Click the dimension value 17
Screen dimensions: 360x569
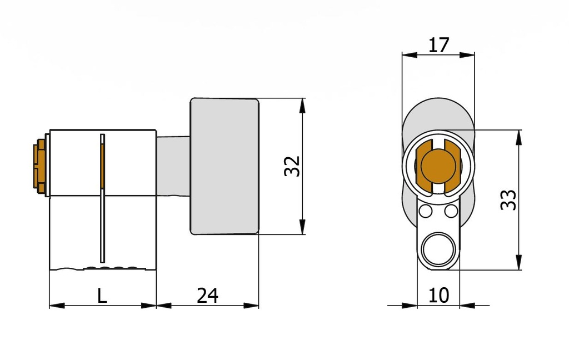pyautogui.click(x=438, y=45)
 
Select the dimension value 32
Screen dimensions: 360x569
pyautogui.click(x=292, y=166)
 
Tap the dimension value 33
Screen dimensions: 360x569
pyautogui.click(x=508, y=199)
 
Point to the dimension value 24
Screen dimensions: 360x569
pyautogui.click(x=207, y=296)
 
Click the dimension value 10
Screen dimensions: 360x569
pyautogui.click(x=438, y=296)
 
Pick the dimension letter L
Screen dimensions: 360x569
pyautogui.click(x=102, y=296)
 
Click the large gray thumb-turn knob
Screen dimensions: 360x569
pyautogui.click(x=225, y=166)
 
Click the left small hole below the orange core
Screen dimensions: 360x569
pyautogui.click(x=426, y=211)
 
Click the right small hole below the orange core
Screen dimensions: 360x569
pyautogui.click(x=451, y=211)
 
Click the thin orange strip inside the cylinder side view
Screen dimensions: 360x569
pyautogui.click(x=102, y=165)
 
